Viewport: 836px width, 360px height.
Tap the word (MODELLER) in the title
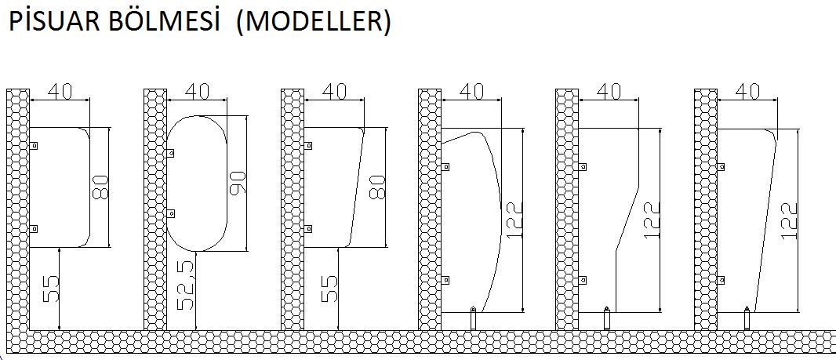click(x=314, y=23)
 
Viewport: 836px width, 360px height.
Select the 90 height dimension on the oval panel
click(x=238, y=183)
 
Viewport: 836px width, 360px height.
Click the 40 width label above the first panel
click(x=60, y=91)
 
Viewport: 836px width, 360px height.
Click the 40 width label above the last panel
click(x=747, y=91)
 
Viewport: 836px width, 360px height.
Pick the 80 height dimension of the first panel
click(x=100, y=187)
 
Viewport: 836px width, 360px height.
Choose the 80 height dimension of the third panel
click(x=376, y=187)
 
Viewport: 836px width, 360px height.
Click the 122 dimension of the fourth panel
click(x=513, y=220)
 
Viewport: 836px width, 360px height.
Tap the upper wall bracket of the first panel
click(x=33, y=145)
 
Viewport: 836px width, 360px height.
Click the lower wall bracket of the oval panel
click(x=171, y=213)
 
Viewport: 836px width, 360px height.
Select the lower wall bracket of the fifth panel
click(x=583, y=280)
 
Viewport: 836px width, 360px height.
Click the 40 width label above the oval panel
click(x=197, y=91)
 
